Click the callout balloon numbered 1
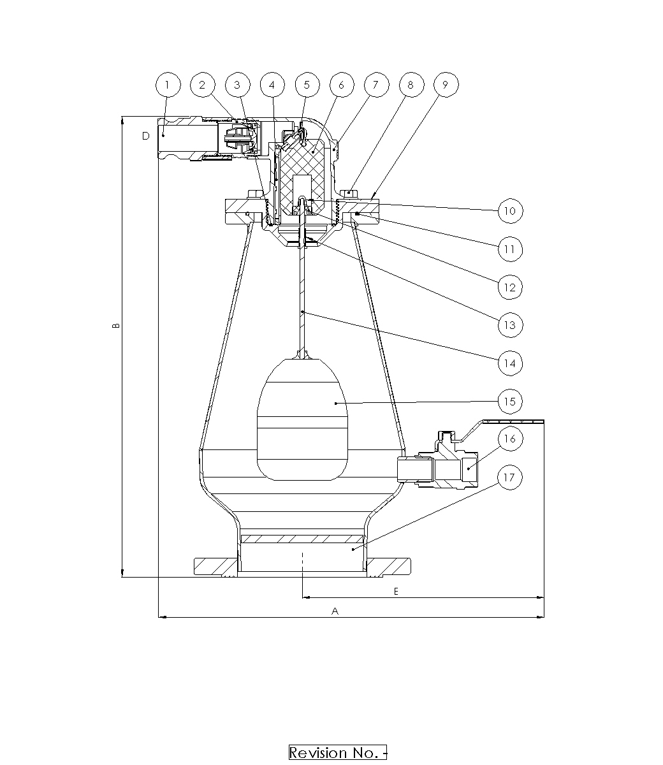click(168, 85)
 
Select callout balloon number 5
click(307, 85)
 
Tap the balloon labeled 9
click(446, 85)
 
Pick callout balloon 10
click(510, 211)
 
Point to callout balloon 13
click(510, 325)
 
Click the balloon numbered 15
click(510, 401)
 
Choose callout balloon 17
click(510, 477)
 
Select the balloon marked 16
click(510, 439)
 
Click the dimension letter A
click(335, 611)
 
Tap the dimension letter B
click(116, 326)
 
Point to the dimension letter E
click(396, 591)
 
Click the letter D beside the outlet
click(146, 136)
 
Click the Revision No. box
click(338, 752)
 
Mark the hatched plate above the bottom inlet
click(302, 539)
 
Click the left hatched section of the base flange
click(215, 567)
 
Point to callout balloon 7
click(377, 85)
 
